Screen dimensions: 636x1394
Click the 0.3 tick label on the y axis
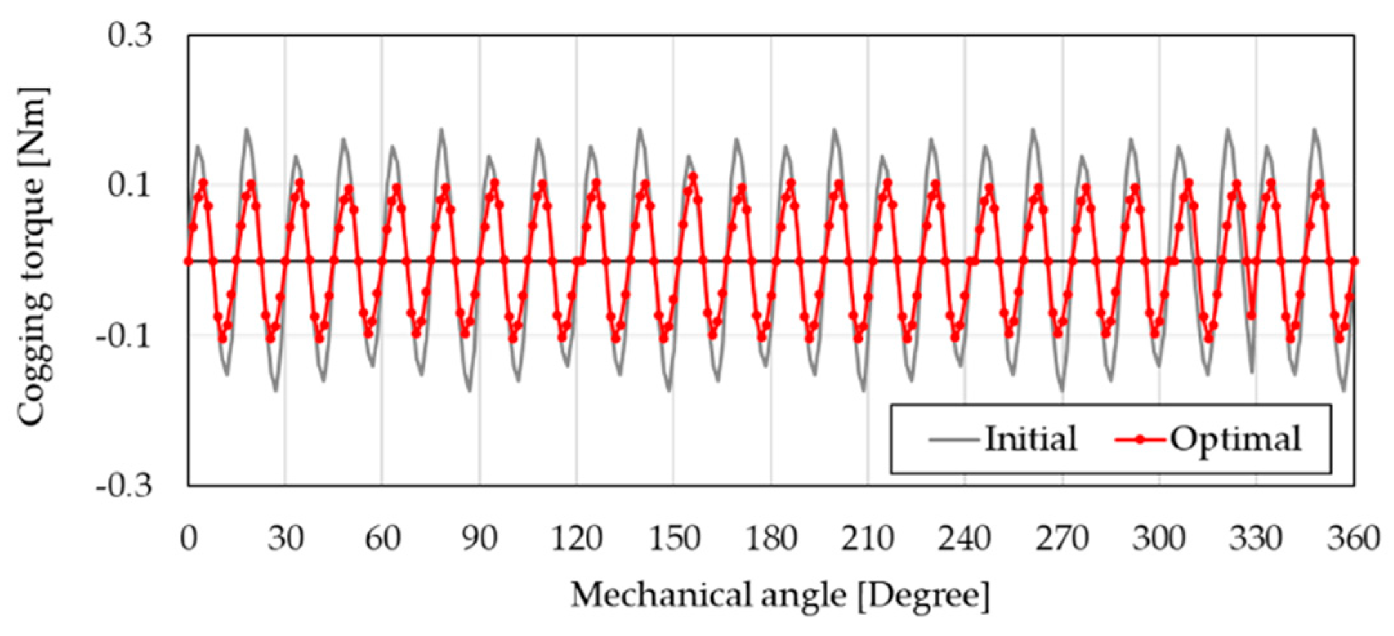pyautogui.click(x=130, y=35)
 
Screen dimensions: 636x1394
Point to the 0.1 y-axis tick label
pyautogui.click(x=130, y=186)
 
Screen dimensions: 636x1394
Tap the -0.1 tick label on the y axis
pyautogui.click(x=124, y=336)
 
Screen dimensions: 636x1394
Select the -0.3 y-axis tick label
pyautogui.click(x=124, y=485)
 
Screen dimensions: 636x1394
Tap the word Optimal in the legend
pyautogui.click(x=1236, y=439)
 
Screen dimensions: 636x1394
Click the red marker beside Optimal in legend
pyautogui.click(x=1140, y=440)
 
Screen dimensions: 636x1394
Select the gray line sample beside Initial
pyautogui.click(x=954, y=440)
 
